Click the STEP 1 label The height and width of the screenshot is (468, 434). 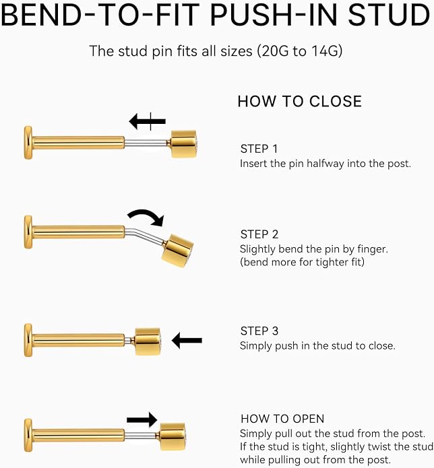pos(259,149)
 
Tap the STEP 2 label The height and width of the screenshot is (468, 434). pos(259,234)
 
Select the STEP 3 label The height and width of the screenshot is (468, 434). pos(259,331)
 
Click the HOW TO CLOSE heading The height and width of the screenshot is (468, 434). pos(300,102)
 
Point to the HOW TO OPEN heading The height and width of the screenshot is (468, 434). pos(282,419)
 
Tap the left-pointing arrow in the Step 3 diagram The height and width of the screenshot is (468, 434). pos(187,340)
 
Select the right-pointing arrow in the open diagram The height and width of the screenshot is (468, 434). pos(142,420)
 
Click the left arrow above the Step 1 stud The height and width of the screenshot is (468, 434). pos(147,121)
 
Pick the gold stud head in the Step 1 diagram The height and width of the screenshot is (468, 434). pos(183,144)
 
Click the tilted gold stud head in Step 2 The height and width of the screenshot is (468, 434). pos(177,250)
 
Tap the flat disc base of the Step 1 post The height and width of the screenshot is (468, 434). pos(28,143)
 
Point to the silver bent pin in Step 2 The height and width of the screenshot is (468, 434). pos(145,235)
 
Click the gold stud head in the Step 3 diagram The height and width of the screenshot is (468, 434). pos(148,342)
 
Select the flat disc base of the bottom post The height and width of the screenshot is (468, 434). pos(28,435)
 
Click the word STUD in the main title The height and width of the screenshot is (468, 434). pos(389,15)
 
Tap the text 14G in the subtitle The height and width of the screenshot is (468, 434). pos(325,51)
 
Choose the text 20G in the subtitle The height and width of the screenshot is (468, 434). pos(276,51)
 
